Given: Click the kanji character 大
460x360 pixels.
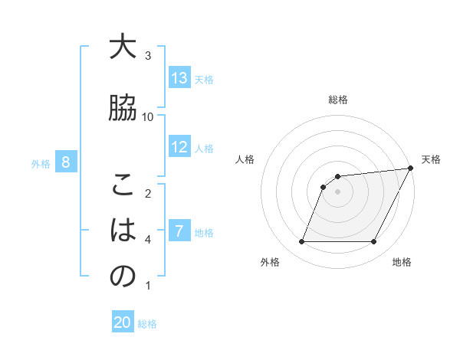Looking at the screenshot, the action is [x=123, y=47].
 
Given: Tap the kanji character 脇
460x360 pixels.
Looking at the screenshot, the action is [x=123, y=108].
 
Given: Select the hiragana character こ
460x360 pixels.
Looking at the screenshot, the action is [x=123, y=185].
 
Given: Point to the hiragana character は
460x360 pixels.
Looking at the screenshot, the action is [x=123, y=231].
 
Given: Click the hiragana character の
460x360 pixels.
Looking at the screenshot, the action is [x=123, y=277].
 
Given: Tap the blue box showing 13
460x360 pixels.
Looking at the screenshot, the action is [x=179, y=78].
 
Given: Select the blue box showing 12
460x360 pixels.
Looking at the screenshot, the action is [x=179, y=147].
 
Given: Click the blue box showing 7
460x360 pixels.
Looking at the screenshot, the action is [x=179, y=231].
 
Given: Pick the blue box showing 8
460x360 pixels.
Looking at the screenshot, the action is [x=66, y=162].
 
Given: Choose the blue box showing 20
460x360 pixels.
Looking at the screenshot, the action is [x=123, y=323].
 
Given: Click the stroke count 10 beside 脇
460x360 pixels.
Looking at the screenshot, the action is [x=148, y=116].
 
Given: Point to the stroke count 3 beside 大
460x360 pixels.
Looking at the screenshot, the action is [x=148, y=55].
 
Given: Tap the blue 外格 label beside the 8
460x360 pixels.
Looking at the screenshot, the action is [x=41, y=163].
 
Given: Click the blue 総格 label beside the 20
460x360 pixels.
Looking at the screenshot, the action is [x=147, y=324].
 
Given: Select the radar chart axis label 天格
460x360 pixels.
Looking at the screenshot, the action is [x=431, y=159].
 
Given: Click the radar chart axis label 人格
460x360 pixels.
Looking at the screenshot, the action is [x=245, y=159].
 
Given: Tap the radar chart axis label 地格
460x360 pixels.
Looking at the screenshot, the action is [x=402, y=262].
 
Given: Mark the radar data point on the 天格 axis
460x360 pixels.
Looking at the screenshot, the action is [x=411, y=169].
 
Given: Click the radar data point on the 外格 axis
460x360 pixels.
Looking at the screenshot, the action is [x=301, y=242].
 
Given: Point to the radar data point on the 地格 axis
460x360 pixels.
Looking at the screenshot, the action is [x=374, y=242].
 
